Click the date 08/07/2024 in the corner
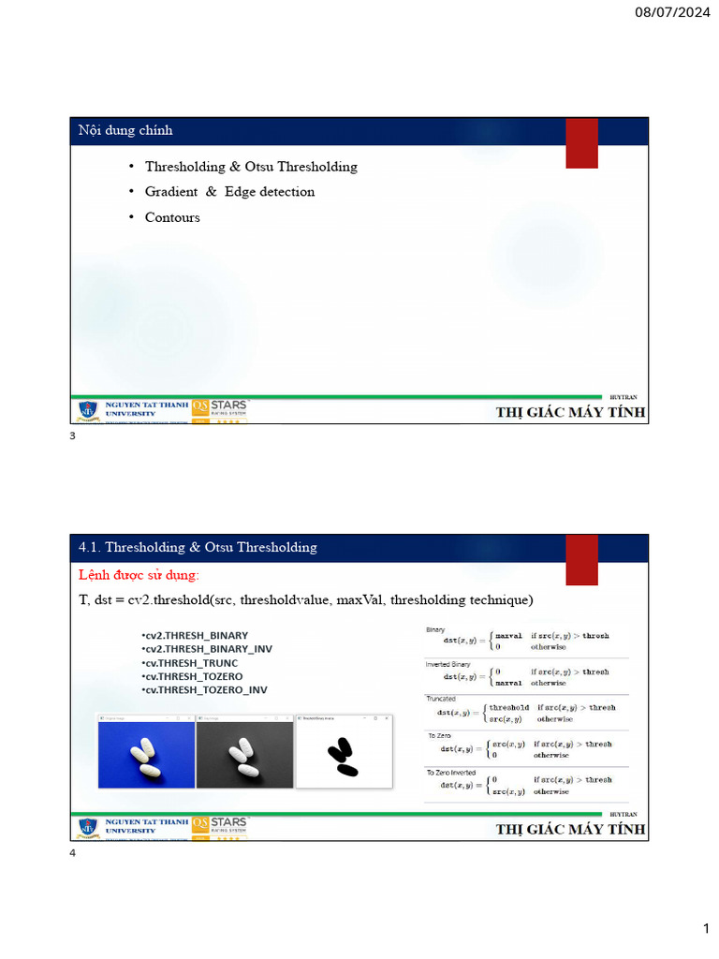[x=672, y=13]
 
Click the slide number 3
[x=73, y=437]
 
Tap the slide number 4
[x=73, y=854]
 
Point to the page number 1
[x=707, y=928]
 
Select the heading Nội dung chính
[x=125, y=130]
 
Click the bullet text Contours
[x=172, y=217]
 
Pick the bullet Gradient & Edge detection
[x=229, y=192]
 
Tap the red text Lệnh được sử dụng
[x=139, y=574]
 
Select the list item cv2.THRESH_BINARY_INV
[x=207, y=649]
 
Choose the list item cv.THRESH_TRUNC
[x=190, y=663]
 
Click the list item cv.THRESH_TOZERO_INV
[x=204, y=690]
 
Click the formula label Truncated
[x=441, y=699]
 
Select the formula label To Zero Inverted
[x=451, y=772]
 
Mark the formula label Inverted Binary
[x=448, y=664]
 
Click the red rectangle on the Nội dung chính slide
[x=581, y=143]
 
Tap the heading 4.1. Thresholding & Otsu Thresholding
[x=198, y=547]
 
